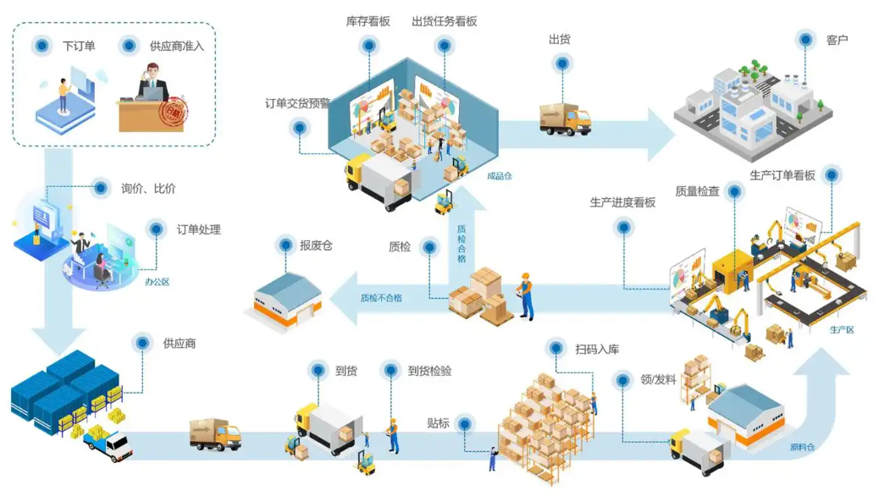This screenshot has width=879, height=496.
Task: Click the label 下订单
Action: [79, 46]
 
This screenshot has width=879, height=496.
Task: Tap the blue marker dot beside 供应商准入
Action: [129, 46]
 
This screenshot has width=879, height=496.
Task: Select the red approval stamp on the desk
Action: [174, 112]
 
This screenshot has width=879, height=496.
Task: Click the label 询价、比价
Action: [148, 188]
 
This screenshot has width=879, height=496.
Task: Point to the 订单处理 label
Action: [198, 229]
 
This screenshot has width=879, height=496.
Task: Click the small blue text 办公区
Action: [157, 282]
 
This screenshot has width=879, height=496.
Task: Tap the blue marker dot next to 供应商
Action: [142, 343]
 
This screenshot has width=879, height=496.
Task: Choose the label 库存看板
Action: [368, 21]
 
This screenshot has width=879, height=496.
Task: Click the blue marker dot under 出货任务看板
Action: [444, 45]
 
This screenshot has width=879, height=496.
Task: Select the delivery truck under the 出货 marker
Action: [565, 118]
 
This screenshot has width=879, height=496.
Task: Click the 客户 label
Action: [837, 40]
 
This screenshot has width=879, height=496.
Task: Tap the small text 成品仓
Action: [499, 176]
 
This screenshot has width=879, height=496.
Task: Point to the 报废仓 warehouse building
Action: [288, 301]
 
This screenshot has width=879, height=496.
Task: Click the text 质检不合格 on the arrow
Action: [381, 298]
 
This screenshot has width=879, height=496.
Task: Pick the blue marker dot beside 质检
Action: [429, 246]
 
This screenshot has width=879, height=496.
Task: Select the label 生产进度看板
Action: [622, 202]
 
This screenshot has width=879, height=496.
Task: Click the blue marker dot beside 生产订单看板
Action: [832, 175]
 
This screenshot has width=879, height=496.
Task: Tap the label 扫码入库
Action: [597, 350]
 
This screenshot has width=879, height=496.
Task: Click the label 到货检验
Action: [429, 371]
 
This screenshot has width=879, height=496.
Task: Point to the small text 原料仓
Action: [802, 447]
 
